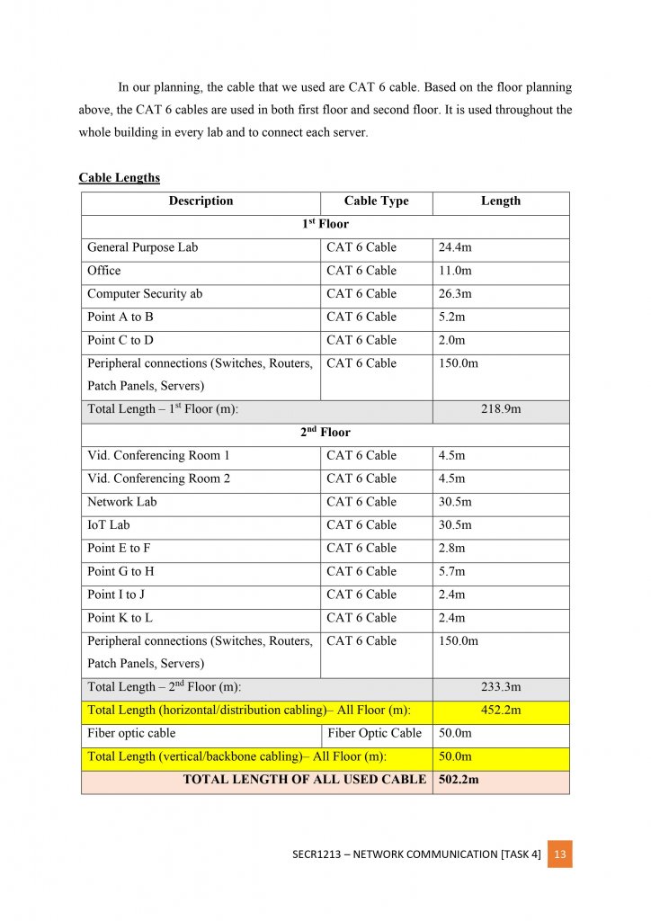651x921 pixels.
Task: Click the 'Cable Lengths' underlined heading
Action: coord(119,178)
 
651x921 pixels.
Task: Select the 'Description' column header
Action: coord(201,201)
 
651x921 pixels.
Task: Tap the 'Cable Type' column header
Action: coord(376,201)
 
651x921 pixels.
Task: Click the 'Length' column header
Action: coord(501,201)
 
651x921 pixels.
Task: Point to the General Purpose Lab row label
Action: coord(142,247)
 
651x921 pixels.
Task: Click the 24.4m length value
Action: coord(456,247)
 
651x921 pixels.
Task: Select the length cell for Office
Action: coord(455,271)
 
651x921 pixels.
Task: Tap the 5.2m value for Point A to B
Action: coord(452,317)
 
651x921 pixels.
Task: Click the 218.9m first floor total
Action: coord(501,409)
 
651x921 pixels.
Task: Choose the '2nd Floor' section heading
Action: coord(325,433)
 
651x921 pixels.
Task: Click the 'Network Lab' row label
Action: coord(122,502)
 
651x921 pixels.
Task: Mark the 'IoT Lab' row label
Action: coord(109,525)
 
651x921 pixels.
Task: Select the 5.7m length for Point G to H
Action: coord(452,572)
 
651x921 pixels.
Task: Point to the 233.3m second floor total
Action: coord(501,688)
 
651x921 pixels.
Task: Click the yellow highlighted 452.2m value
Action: coord(501,711)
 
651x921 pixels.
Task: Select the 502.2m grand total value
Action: coord(458,780)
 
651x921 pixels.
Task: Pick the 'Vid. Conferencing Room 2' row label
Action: coord(158,478)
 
